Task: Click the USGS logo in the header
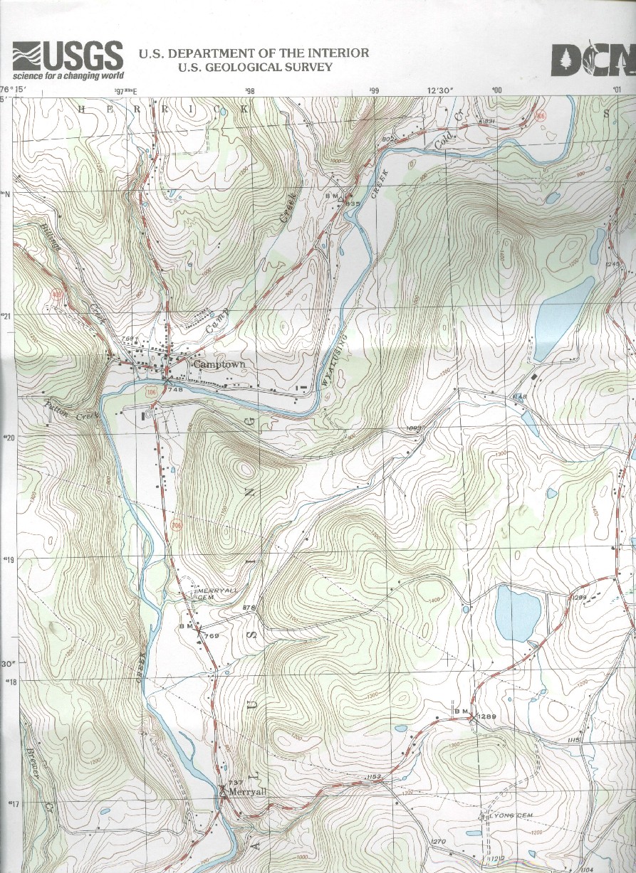click(68, 60)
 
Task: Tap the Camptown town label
click(219, 364)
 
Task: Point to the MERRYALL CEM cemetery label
click(214, 593)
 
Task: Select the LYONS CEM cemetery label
click(509, 816)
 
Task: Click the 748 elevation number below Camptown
click(177, 389)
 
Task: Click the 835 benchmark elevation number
click(352, 203)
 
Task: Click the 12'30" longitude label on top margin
click(439, 90)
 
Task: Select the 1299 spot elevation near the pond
click(578, 596)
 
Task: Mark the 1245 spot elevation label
click(614, 264)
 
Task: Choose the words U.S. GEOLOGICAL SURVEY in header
click(255, 68)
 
